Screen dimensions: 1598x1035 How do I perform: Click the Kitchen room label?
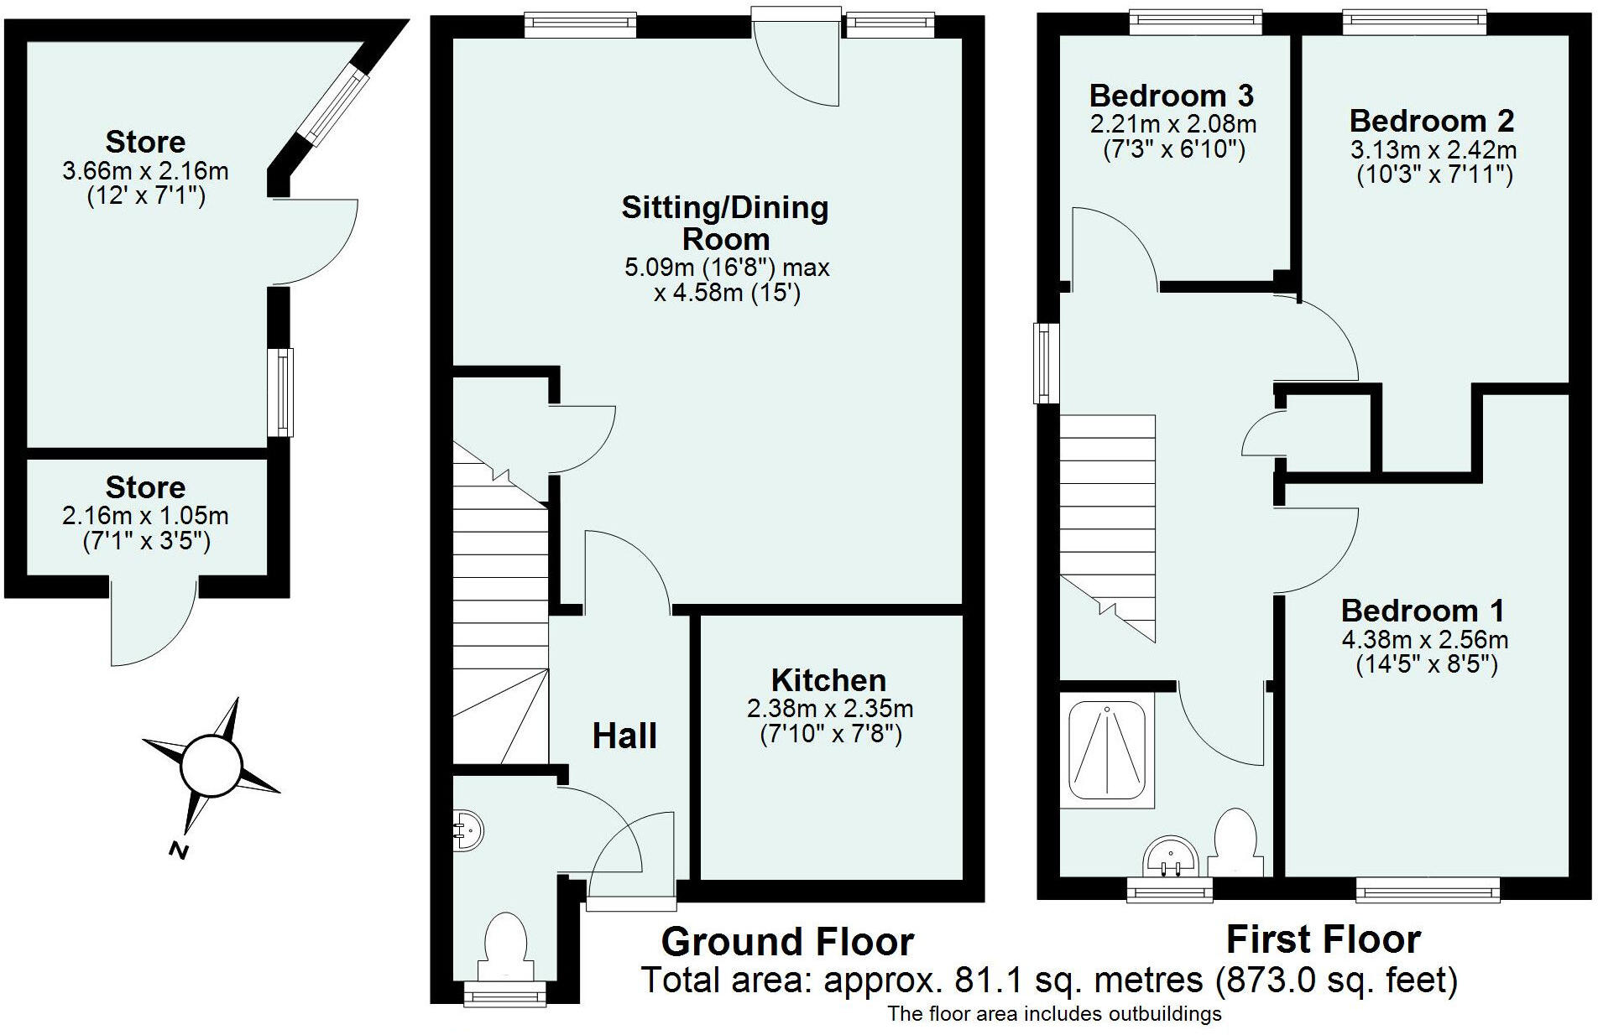pyautogui.click(x=828, y=679)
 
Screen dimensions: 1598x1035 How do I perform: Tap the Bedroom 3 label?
pyautogui.click(x=1172, y=96)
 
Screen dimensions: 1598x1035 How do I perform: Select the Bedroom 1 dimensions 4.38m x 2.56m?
pyautogui.click(x=1425, y=640)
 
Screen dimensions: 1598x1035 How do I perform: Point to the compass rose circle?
pyautogui.click(x=211, y=764)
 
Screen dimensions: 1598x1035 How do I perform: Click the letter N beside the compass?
pyautogui.click(x=178, y=850)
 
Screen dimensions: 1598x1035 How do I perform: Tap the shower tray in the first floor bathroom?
pyautogui.click(x=1108, y=751)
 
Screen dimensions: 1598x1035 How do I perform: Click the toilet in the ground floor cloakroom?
pyautogui.click(x=506, y=946)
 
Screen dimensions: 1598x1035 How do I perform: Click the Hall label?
pyautogui.click(x=624, y=736)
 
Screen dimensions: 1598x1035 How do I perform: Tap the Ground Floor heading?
pyautogui.click(x=787, y=942)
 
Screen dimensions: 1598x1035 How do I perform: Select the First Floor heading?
pyautogui.click(x=1324, y=939)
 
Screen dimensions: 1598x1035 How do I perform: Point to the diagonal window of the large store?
pyautogui.click(x=334, y=106)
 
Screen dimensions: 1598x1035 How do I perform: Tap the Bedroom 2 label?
pyautogui.click(x=1432, y=121)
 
